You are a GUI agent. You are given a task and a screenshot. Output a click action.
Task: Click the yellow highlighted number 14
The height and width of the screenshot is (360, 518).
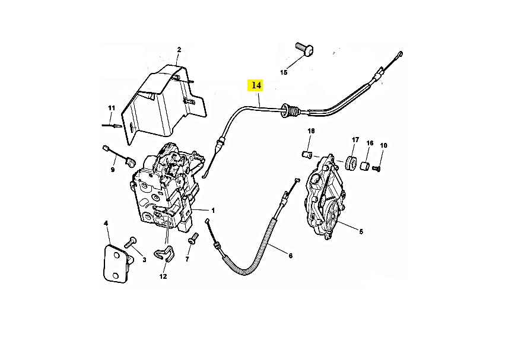pyautogui.click(x=256, y=85)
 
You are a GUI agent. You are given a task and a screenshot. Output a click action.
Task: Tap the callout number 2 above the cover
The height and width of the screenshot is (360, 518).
pyautogui.click(x=179, y=50)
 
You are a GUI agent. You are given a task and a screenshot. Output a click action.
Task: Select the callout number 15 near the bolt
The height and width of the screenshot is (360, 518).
pyautogui.click(x=284, y=72)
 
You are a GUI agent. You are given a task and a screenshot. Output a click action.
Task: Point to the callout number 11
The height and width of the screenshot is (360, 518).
pyautogui.click(x=111, y=108)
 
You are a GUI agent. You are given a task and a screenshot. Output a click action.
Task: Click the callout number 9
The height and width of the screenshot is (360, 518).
pyautogui.click(x=112, y=170)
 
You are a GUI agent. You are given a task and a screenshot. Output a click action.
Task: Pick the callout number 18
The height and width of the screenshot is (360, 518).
pyautogui.click(x=311, y=130)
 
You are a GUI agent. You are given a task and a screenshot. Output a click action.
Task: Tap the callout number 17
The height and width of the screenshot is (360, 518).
pyautogui.click(x=355, y=140)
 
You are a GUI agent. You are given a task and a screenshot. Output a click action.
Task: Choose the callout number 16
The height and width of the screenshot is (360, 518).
pyautogui.click(x=370, y=143)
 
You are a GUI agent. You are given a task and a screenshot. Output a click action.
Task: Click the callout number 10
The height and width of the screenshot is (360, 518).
pyautogui.click(x=383, y=145)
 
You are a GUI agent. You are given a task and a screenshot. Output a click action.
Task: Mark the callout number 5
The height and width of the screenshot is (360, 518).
pyautogui.click(x=361, y=232)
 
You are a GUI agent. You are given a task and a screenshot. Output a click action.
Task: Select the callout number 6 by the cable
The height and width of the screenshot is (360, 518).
pyautogui.click(x=290, y=256)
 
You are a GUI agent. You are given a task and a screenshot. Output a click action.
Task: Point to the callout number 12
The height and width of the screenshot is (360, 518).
pyautogui.click(x=163, y=276)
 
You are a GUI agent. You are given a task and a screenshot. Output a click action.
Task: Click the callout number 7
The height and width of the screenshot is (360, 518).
pyautogui.click(x=187, y=260)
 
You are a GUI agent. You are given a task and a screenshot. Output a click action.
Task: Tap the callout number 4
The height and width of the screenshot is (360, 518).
pyautogui.click(x=106, y=224)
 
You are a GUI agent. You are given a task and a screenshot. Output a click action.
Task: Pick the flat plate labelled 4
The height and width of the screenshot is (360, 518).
pyautogui.click(x=115, y=265)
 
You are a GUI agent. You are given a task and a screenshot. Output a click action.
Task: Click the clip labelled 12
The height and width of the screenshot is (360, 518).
pyautogui.click(x=163, y=254)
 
